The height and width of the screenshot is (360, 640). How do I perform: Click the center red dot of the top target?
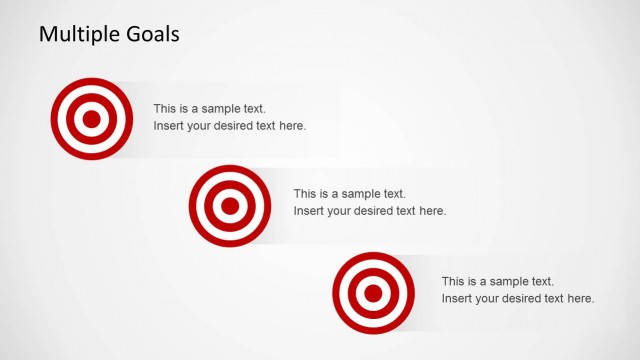pos(91,120)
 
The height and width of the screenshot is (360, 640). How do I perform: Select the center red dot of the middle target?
pos(230,206)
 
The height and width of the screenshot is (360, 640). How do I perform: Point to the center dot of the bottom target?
pos(373,293)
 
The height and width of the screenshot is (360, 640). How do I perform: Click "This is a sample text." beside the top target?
pos(210,108)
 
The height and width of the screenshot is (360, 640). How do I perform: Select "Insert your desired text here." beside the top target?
pos(229,126)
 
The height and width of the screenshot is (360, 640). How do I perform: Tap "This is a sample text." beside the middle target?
pos(349,194)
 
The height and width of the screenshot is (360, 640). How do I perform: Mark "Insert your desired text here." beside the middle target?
pos(369,211)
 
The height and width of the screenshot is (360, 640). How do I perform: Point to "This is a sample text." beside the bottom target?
pos(497,281)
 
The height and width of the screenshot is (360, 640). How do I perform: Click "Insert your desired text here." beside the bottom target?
pos(517,298)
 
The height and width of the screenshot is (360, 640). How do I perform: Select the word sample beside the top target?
pos(225,108)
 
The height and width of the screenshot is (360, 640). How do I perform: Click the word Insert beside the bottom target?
pos(456,298)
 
